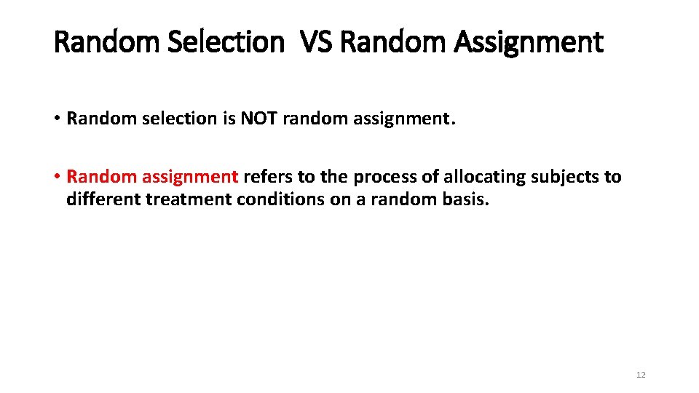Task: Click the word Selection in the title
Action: coord(225,42)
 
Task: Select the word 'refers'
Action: coord(267,177)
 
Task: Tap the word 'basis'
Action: coord(465,199)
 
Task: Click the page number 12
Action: coord(641,375)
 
